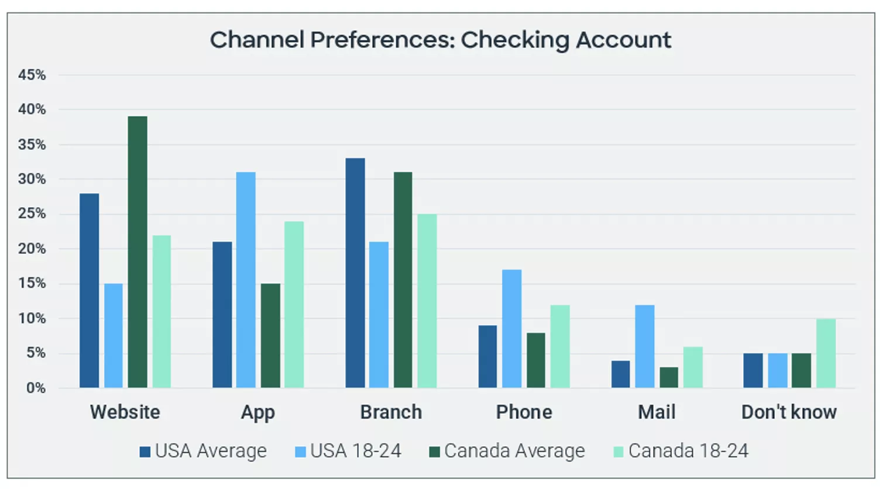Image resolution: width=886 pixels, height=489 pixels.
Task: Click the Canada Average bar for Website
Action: [x=138, y=252]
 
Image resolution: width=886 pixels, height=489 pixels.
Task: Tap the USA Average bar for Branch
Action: [x=355, y=273]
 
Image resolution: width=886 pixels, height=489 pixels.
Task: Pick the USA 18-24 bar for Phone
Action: [x=511, y=328]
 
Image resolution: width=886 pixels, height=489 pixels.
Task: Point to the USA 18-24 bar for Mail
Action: [x=644, y=346]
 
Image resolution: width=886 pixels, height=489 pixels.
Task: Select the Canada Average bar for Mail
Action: [x=668, y=377]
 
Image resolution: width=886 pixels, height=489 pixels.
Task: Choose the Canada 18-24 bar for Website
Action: [x=162, y=311]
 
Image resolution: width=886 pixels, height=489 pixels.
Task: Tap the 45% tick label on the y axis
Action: [x=32, y=75]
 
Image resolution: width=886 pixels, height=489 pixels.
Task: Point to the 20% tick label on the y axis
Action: [x=32, y=249]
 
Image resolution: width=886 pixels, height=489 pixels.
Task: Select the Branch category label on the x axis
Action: [x=391, y=412]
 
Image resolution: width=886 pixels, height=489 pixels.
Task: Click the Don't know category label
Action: [x=789, y=412]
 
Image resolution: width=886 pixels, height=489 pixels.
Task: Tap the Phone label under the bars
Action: [x=524, y=412]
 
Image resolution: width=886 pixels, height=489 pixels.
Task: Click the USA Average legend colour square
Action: [x=145, y=452]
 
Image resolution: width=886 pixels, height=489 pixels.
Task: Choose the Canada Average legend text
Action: [x=514, y=451]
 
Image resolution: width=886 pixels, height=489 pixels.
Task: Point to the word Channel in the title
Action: [x=257, y=40]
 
